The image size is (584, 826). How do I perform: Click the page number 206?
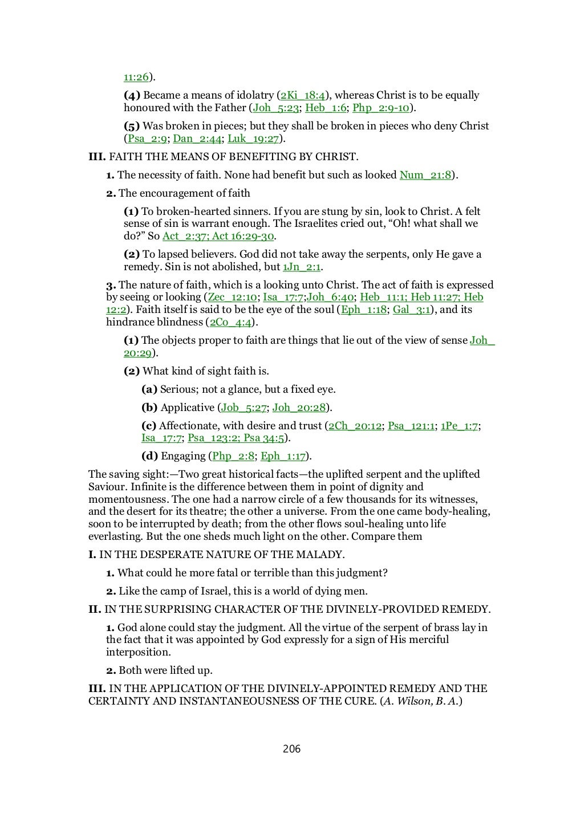291,748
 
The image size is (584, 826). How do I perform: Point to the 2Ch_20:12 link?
355,426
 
